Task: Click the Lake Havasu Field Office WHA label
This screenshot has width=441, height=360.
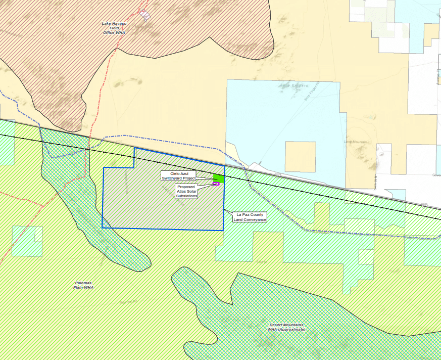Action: (x=113, y=28)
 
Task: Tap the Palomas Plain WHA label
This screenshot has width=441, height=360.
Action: (x=83, y=285)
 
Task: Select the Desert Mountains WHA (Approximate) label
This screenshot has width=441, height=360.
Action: (x=286, y=327)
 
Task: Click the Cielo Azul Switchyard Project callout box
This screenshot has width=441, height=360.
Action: (x=178, y=175)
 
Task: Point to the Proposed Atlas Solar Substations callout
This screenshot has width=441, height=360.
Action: (x=186, y=191)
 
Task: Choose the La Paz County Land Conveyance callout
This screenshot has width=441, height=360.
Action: (x=249, y=217)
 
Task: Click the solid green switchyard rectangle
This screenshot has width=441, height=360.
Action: (x=218, y=178)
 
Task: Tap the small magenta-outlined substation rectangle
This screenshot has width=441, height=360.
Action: (x=216, y=184)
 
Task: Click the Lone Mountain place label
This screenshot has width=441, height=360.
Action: (x=356, y=142)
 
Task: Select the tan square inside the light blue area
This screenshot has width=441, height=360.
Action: (x=300, y=157)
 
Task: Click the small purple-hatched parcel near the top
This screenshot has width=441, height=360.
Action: (x=145, y=14)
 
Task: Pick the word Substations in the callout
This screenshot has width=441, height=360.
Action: (x=186, y=196)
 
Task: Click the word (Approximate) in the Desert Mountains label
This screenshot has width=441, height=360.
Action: (x=286, y=329)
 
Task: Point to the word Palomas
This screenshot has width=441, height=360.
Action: (x=83, y=283)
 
